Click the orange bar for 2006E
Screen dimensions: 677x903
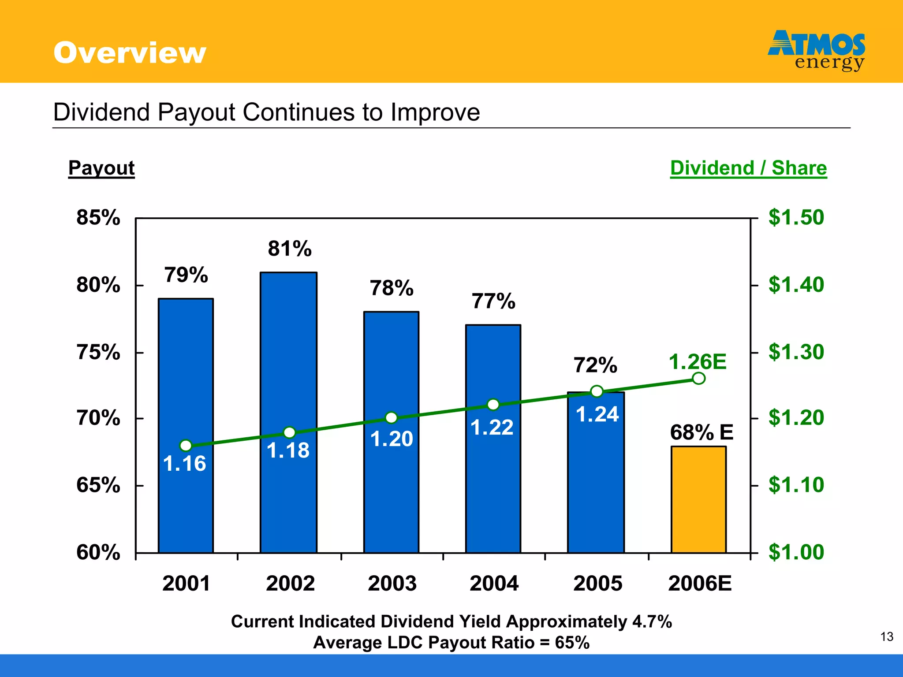click(x=698, y=500)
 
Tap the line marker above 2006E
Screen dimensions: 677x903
click(x=698, y=378)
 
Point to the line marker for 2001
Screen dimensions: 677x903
click(x=186, y=446)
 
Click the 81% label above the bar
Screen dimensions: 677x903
click(x=290, y=249)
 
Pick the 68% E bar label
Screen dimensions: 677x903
click(x=702, y=432)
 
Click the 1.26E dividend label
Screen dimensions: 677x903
click(x=698, y=362)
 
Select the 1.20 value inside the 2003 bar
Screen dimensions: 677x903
click(x=392, y=439)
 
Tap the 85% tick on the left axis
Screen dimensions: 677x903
click(x=98, y=218)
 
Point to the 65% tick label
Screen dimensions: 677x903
click(x=98, y=485)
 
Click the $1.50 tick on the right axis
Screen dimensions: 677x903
click(x=796, y=218)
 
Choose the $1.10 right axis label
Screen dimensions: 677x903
click(x=796, y=485)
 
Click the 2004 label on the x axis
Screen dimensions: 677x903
click(x=494, y=584)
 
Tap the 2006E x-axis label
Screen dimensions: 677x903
click(x=700, y=584)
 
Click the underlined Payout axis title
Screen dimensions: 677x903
click(x=101, y=168)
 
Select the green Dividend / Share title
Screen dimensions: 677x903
click(x=748, y=168)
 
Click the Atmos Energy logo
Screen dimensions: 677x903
click(x=817, y=50)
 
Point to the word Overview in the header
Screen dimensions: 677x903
click(x=130, y=53)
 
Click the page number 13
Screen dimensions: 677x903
click(x=887, y=637)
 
